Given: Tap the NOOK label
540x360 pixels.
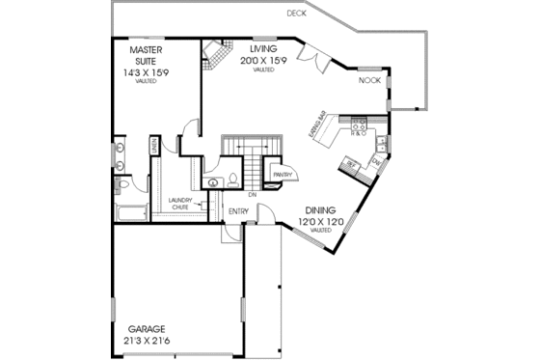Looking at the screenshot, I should tap(369, 81).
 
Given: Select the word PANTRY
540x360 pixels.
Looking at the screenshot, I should tap(283, 175).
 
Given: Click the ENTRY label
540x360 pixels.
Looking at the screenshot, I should tap(238, 211).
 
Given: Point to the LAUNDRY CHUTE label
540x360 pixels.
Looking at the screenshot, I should tap(180, 204).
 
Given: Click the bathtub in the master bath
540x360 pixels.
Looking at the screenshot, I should tap(126, 212).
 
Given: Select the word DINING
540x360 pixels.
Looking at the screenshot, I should tap(321, 210).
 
